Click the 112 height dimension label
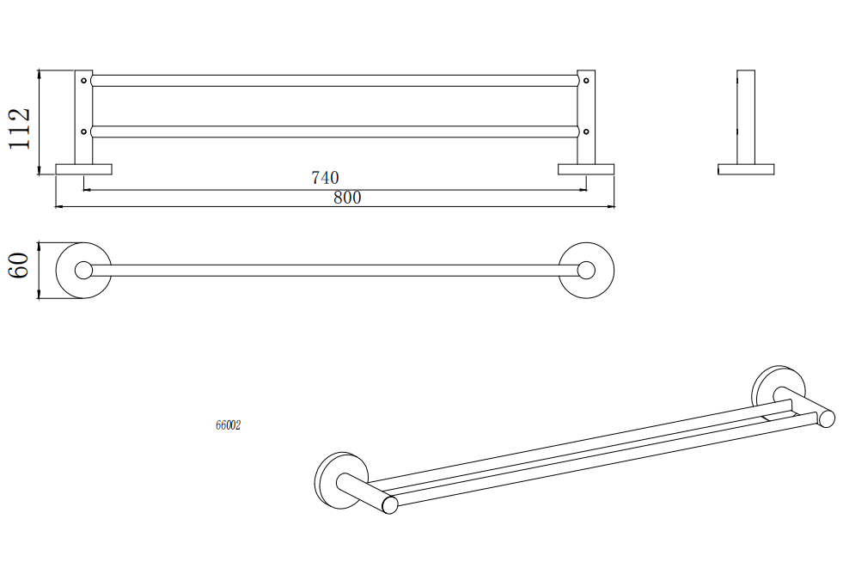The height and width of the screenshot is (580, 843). point(20,129)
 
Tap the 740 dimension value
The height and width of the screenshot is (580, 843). point(326,177)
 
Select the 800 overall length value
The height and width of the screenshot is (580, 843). point(347,198)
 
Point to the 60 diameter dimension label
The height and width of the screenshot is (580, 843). point(19,265)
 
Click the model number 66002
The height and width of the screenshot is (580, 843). point(228,425)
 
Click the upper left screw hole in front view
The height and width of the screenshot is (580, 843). point(83,81)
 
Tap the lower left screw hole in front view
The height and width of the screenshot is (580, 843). point(83,131)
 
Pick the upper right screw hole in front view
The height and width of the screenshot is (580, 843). point(586,81)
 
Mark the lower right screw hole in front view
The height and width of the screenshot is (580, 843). point(586,131)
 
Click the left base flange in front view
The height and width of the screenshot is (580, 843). point(84,169)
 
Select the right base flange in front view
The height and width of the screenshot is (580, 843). point(586,169)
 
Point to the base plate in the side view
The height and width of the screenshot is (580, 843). point(746,169)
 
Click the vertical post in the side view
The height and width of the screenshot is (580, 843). point(746,117)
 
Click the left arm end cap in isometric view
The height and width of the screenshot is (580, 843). point(390,505)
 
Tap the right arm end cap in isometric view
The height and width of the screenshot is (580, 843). point(827,418)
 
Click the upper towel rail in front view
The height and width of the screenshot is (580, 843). point(334,81)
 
